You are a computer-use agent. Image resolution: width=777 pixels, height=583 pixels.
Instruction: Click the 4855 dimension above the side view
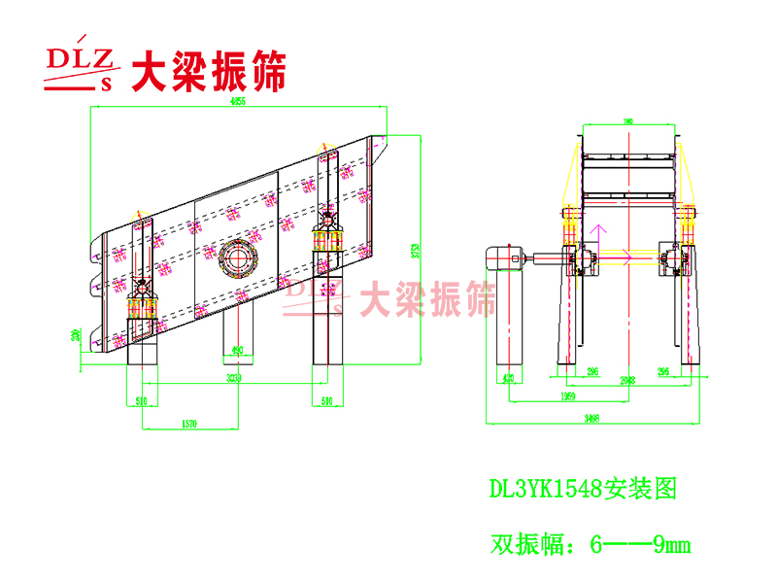pos(238,101)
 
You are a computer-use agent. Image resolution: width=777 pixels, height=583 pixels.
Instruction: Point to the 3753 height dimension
pos(416,249)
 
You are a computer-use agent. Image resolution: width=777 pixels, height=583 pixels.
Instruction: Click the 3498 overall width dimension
pos(591,419)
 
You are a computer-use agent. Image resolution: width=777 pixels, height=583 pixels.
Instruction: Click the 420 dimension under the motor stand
pos(507,380)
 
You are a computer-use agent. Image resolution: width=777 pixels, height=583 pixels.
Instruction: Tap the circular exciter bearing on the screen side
pos(236,257)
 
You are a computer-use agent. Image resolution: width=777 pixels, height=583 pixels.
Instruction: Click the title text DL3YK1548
pos(545,487)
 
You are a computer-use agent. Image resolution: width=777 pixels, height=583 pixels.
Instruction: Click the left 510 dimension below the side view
pos(142,399)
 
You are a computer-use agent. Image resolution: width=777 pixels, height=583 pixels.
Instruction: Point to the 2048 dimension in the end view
pos(627,380)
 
